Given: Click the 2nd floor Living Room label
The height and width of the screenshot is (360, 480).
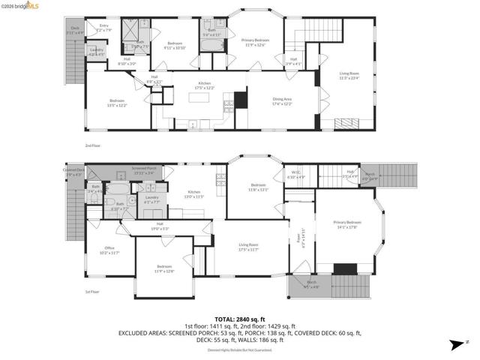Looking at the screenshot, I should (x=349, y=75).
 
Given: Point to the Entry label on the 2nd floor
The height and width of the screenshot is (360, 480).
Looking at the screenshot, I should (x=104, y=28).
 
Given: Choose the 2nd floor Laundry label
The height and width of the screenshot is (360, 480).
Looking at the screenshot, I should (x=97, y=52).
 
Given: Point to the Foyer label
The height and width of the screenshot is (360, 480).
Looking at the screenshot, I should (x=302, y=238).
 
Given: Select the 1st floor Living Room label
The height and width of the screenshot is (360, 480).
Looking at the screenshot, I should (x=248, y=247).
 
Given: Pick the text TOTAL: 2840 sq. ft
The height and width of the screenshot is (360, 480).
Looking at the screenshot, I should (x=239, y=319).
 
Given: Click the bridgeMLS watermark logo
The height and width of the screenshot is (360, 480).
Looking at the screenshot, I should (x=18, y=5).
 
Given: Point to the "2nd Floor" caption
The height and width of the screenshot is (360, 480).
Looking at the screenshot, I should (x=93, y=146).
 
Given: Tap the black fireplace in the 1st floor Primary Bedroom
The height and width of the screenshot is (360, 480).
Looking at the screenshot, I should (x=345, y=268).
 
